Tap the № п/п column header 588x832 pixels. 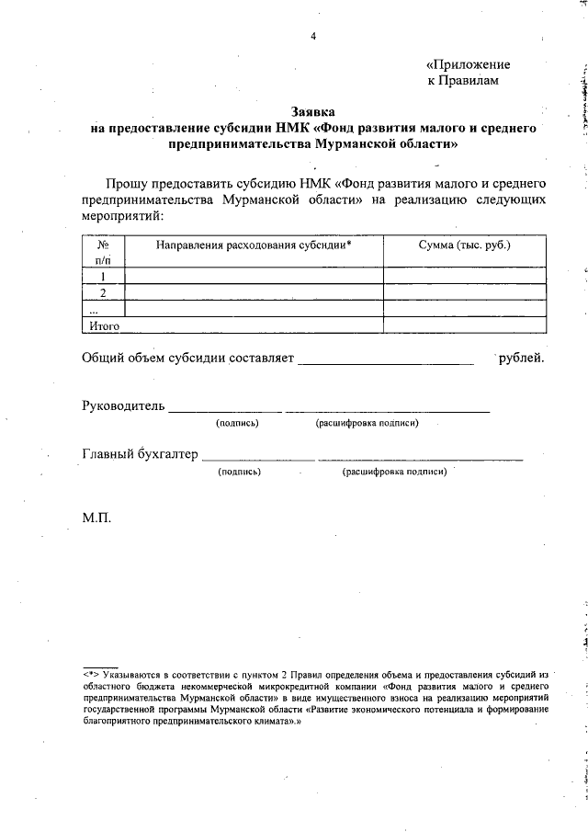click(104, 253)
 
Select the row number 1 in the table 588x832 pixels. click(104, 276)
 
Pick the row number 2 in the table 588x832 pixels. click(104, 292)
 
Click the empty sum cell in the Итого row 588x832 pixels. click(464, 325)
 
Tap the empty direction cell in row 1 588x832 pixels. click(254, 276)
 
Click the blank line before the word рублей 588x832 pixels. click(386, 359)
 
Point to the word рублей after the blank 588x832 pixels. click(521, 357)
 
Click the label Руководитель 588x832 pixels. click(123, 405)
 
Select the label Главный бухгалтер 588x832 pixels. click(140, 453)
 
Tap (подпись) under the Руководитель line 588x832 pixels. click(237, 423)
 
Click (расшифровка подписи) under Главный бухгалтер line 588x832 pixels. click(394, 472)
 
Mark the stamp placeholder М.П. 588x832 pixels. click(96, 519)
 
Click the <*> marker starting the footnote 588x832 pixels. click(93, 673)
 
